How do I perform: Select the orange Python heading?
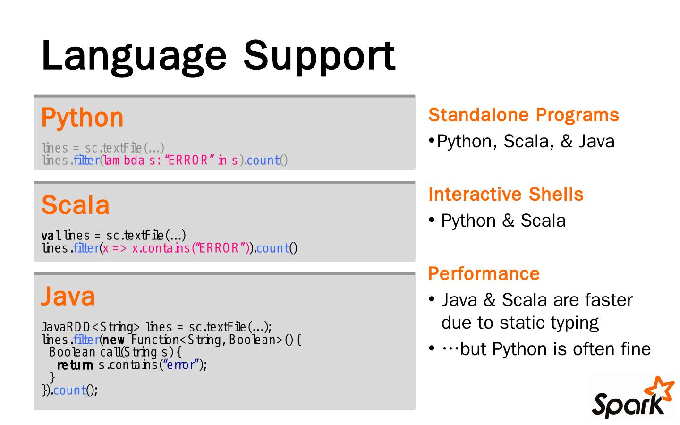point(82,118)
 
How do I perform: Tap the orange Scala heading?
point(76,205)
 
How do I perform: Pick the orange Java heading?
point(68,296)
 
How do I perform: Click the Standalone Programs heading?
point(523,115)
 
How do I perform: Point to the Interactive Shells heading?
point(506,195)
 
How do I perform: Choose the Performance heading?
point(484,274)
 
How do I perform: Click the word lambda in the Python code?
point(124,161)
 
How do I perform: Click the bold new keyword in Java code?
point(114,340)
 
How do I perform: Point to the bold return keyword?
point(75,365)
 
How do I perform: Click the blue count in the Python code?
point(263,161)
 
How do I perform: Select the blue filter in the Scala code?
point(86,248)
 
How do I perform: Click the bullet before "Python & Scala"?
point(432,221)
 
